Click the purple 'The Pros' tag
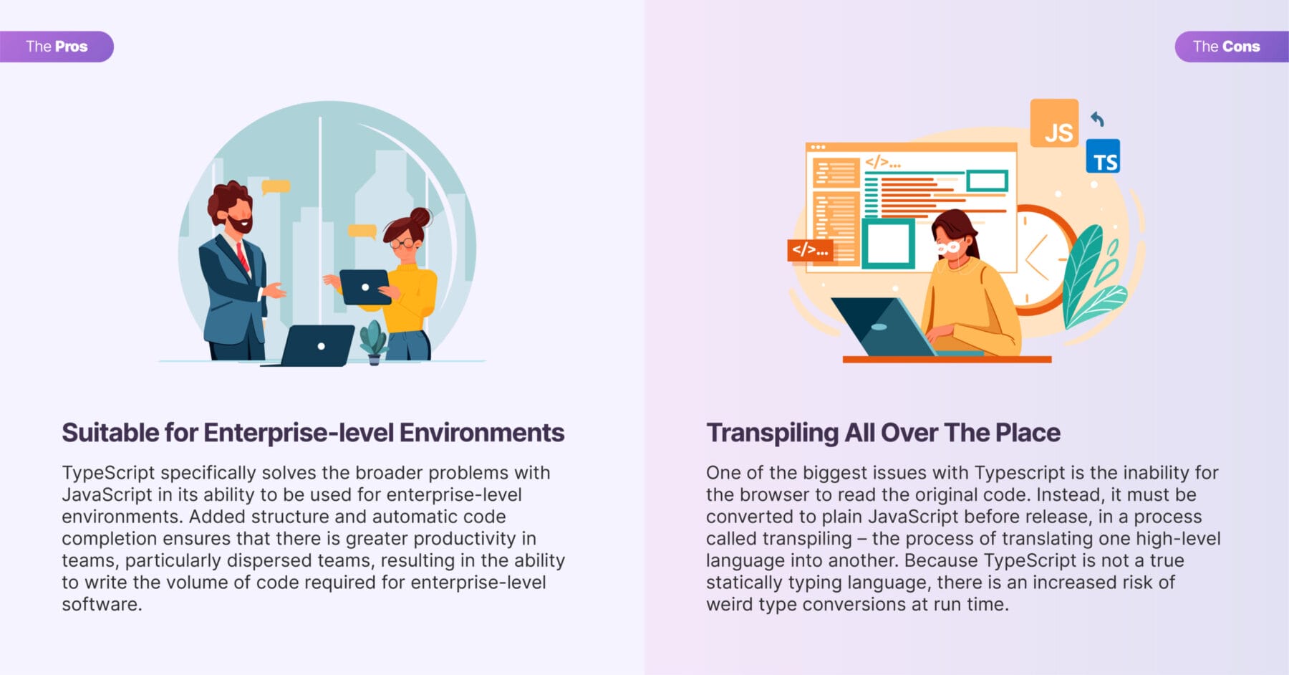click(x=57, y=47)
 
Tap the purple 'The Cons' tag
click(x=1232, y=47)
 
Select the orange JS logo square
click(x=1054, y=123)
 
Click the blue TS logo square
click(x=1103, y=156)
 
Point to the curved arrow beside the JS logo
click(x=1097, y=119)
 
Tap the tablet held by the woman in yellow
click(x=365, y=287)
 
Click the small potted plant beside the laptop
click(x=373, y=343)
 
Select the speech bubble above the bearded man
click(x=276, y=188)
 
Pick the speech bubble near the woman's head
click(x=362, y=231)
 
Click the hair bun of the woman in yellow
click(x=420, y=216)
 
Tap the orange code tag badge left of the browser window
click(x=810, y=250)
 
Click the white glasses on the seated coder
click(x=947, y=248)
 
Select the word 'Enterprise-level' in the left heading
click(x=298, y=433)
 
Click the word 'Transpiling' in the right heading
click(x=772, y=434)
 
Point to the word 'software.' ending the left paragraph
click(x=102, y=604)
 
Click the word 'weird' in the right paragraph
click(x=729, y=604)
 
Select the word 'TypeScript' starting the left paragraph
click(x=108, y=474)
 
